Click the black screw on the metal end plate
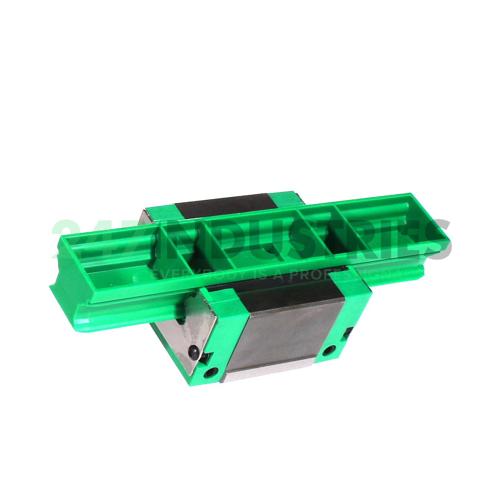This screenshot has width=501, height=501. (x=193, y=352)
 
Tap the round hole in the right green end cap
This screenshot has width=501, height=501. (x=329, y=351)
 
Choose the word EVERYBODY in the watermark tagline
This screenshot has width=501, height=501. (x=194, y=274)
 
